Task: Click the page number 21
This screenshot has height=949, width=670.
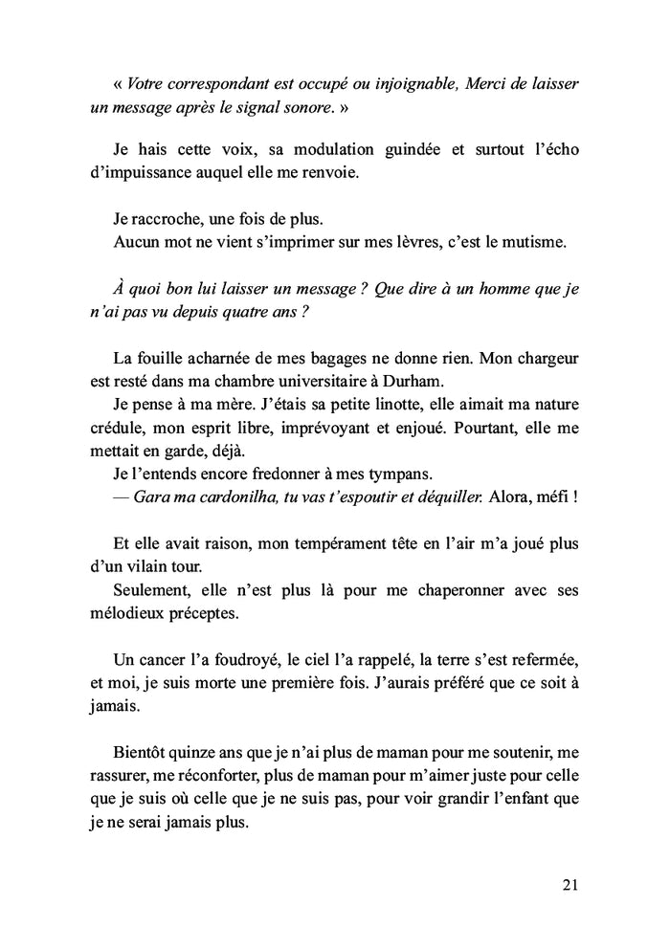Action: click(x=569, y=886)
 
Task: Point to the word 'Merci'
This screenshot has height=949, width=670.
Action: click(x=487, y=83)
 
